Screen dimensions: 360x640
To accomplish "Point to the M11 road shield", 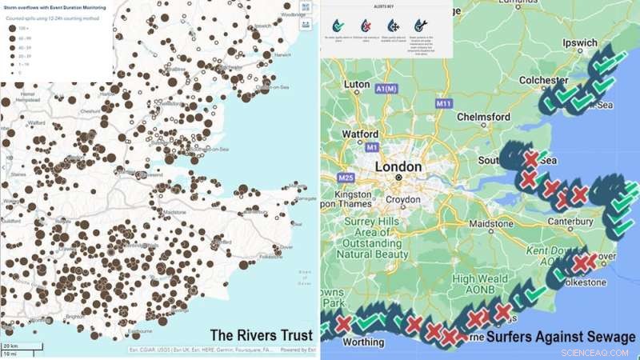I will (x=445, y=104).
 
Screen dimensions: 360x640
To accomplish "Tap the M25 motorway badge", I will (x=346, y=177).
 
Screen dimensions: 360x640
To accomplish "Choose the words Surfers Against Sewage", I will (x=561, y=337).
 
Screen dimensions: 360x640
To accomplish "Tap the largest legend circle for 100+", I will (x=12, y=28).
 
